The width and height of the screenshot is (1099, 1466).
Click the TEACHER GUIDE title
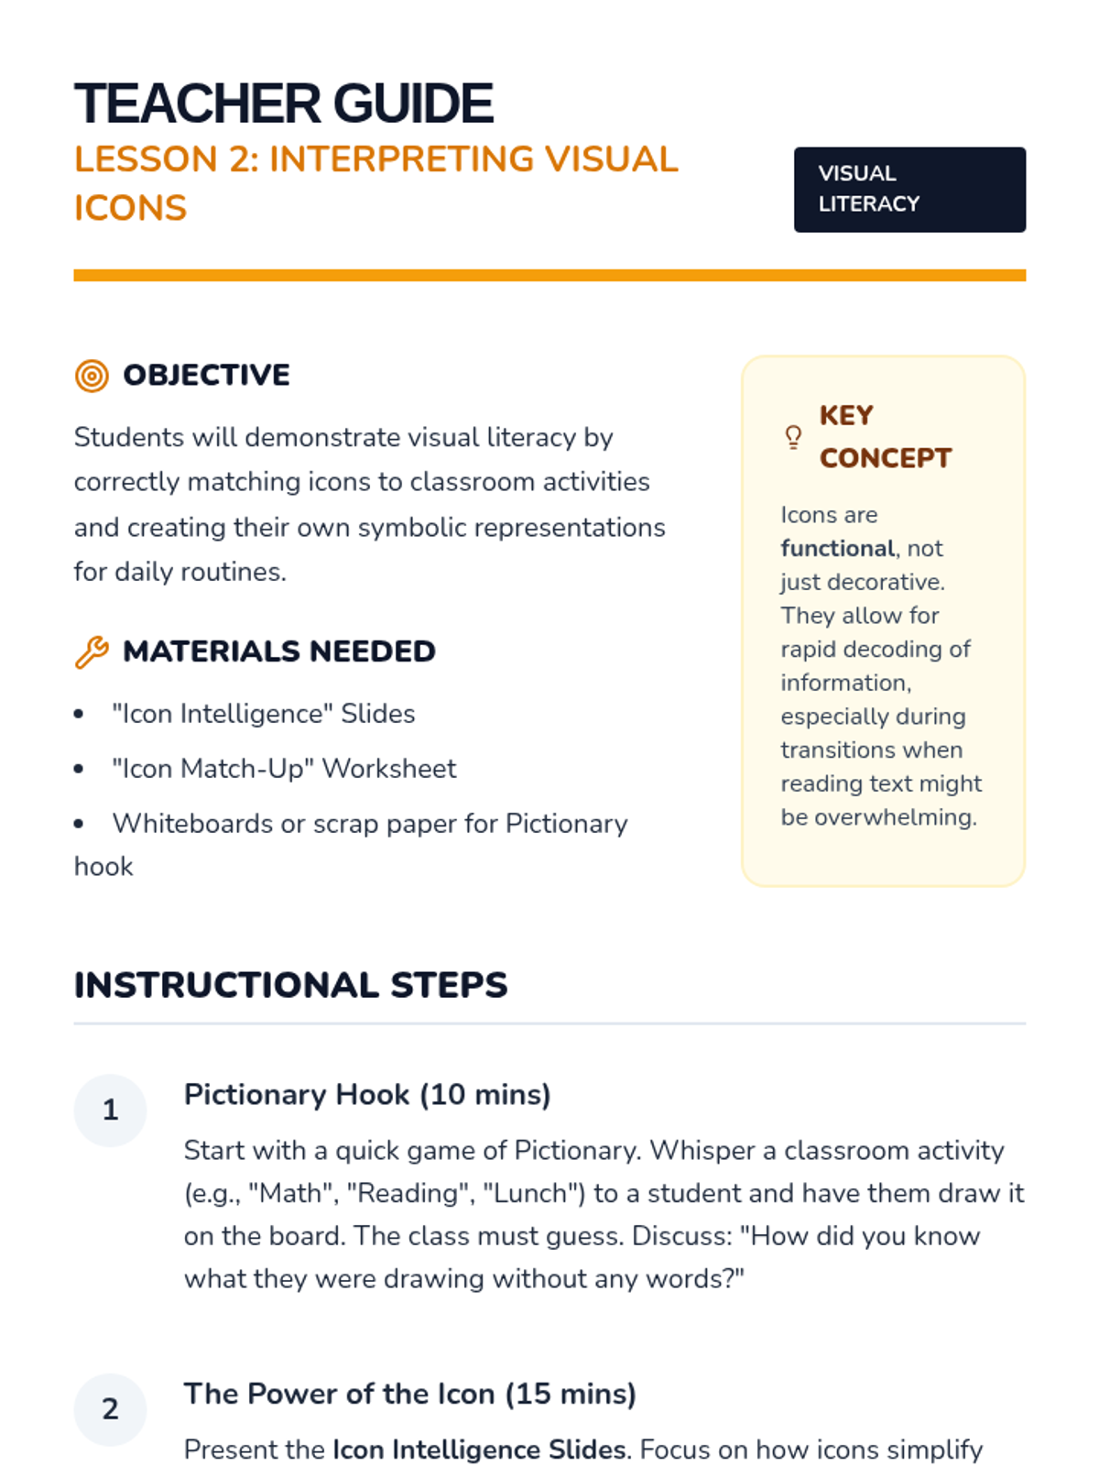tap(283, 104)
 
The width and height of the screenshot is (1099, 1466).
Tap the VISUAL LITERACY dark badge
tap(909, 190)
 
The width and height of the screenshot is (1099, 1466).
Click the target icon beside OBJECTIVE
tap(92, 376)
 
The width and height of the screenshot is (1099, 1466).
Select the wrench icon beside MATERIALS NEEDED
tap(92, 652)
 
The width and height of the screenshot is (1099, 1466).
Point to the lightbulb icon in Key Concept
tap(793, 437)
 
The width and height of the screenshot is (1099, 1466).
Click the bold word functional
tap(837, 549)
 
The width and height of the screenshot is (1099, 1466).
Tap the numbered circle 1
tap(110, 1110)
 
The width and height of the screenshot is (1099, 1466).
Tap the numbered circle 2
tap(110, 1409)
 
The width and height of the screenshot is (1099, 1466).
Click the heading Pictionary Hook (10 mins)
tap(366, 1095)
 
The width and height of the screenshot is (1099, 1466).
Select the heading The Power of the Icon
tap(409, 1395)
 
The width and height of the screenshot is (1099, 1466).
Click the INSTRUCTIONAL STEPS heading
tap(290, 986)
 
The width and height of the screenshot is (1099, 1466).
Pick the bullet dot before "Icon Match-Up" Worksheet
tap(79, 770)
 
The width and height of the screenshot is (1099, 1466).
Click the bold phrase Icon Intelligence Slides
tap(480, 1450)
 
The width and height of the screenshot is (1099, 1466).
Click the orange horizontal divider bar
tap(549, 275)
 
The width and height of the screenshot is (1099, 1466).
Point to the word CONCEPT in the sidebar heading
tap(885, 458)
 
